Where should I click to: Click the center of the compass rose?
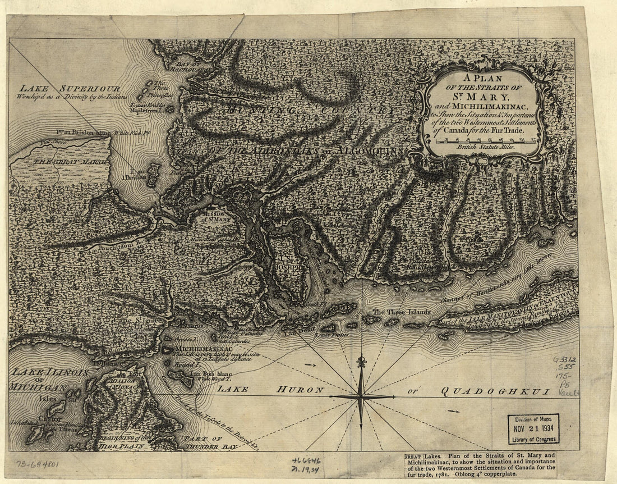pyautogui.click(x=361, y=396)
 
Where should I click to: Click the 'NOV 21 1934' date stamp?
pyautogui.click(x=533, y=429)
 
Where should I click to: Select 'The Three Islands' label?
pyautogui.click(x=402, y=312)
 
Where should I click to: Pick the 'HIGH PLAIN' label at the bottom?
pyautogui.click(x=122, y=446)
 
